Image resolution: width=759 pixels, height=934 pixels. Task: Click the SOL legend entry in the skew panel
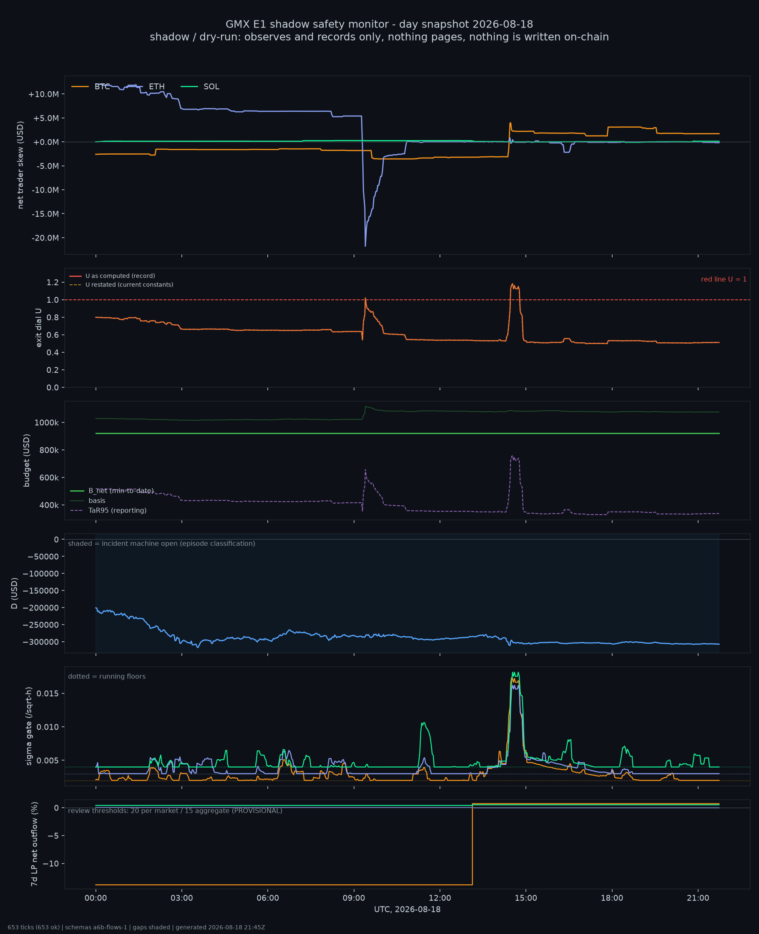click(200, 87)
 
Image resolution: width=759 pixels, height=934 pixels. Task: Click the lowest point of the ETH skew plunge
click(365, 246)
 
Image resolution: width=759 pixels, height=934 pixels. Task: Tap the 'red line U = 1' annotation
click(724, 279)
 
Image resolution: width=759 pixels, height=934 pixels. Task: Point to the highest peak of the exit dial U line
click(513, 284)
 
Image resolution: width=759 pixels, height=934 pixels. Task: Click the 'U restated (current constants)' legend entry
click(121, 284)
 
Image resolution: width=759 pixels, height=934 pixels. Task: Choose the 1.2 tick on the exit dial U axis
click(53, 282)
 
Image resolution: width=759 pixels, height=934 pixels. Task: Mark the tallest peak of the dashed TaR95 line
click(513, 456)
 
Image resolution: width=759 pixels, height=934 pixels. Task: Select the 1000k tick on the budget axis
click(46, 423)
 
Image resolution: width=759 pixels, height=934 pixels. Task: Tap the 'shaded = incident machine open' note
click(161, 543)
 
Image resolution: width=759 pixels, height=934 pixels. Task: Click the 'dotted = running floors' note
click(107, 676)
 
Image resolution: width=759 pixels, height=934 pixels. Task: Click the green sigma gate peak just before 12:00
click(424, 723)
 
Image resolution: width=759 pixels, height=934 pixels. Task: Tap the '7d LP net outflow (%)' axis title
click(34, 844)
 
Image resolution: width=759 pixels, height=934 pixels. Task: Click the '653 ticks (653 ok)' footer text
click(34, 927)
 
